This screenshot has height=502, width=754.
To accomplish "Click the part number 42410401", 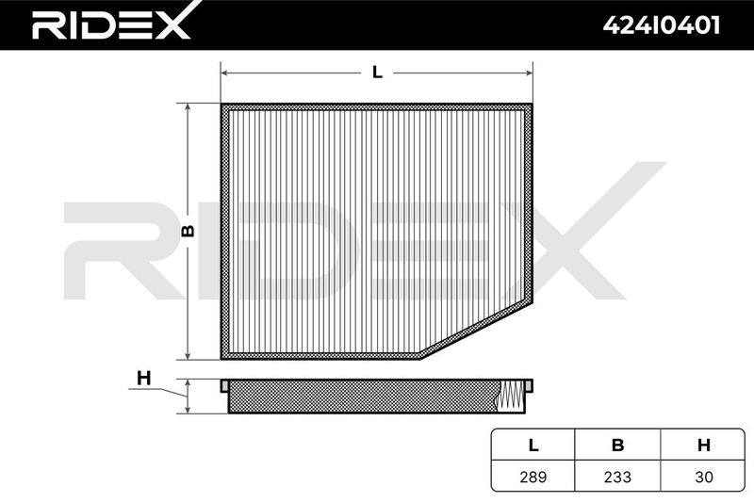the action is [662, 25].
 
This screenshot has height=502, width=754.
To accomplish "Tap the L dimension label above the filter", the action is [378, 73].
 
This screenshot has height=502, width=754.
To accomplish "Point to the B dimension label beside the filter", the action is [188, 231].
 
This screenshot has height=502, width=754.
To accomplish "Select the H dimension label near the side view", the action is [144, 379].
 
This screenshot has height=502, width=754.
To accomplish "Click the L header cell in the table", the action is [533, 445].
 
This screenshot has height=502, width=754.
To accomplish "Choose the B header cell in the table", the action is [617, 445].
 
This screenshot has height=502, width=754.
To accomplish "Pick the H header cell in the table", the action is [703, 445].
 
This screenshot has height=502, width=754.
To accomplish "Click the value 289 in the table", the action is [533, 477].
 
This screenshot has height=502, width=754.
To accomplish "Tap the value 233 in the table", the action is [617, 477].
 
